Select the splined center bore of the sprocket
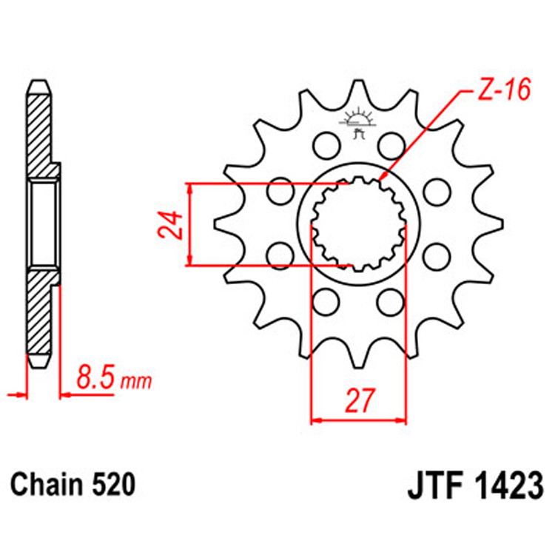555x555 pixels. click(359, 223)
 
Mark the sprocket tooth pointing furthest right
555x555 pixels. click(497, 224)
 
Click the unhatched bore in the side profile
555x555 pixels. click(42, 224)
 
